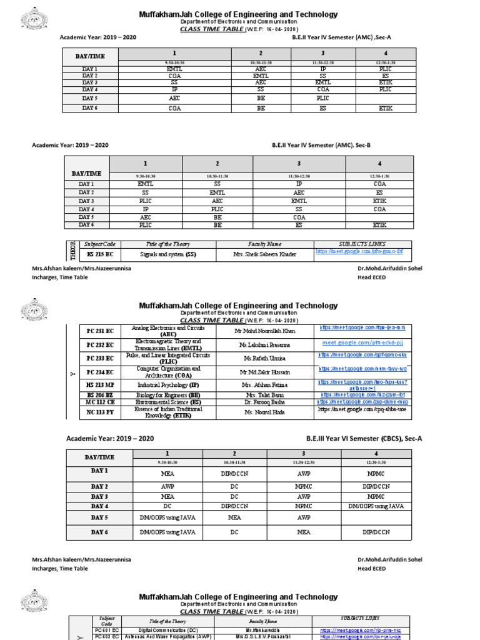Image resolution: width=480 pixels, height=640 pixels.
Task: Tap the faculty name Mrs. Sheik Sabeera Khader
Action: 266,254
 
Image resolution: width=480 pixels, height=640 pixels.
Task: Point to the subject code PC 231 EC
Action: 100,331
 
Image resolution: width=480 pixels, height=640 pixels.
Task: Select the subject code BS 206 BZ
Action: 100,395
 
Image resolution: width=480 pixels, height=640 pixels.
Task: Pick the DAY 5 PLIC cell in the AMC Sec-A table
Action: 322,98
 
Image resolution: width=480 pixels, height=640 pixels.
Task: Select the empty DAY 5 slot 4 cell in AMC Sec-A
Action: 385,98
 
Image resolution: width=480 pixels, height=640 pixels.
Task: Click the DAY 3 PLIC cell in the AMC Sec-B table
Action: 146,202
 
